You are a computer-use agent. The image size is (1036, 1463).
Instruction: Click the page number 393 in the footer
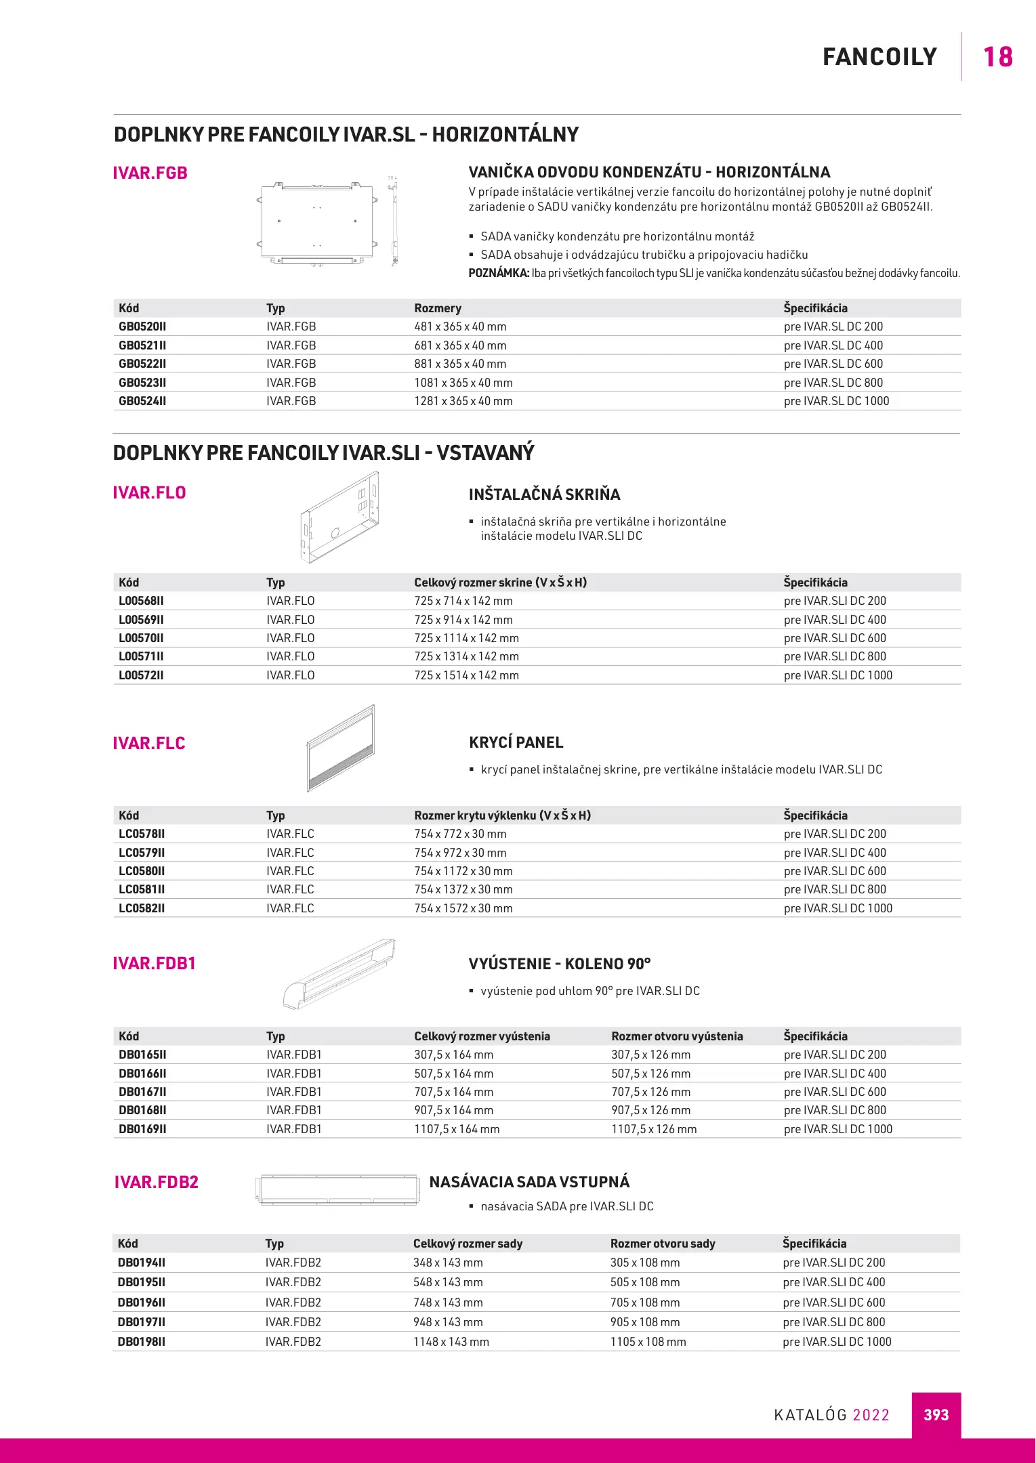coord(936,1415)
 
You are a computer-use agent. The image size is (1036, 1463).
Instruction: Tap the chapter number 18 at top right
coord(997,58)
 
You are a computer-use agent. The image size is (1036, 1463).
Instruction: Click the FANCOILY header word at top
coord(879,58)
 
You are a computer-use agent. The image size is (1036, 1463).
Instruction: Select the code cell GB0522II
coord(142,364)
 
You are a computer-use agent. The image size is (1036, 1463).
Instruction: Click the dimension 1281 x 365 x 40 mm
coord(463,401)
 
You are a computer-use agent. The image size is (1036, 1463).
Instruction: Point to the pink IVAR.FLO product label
coord(149,492)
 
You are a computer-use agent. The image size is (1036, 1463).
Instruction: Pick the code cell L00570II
coord(141,638)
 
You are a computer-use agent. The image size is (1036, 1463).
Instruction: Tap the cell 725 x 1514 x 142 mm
coord(466,675)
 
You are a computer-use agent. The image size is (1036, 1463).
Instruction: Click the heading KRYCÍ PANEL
coord(516,742)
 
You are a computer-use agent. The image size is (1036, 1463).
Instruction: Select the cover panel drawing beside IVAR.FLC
coord(341,748)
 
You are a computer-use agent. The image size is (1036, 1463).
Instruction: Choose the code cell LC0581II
coord(142,889)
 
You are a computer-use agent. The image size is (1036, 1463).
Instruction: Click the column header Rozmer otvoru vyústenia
coord(677,1036)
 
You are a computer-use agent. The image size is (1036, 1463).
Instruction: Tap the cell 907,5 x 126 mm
coord(650,1110)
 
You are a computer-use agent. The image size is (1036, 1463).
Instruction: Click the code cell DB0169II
coord(142,1129)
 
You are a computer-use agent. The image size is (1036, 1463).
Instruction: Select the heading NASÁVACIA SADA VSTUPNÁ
coord(529,1182)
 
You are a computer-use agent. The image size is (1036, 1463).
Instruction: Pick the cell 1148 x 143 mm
coord(451,1342)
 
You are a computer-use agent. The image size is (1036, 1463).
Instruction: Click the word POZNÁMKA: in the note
coord(499,274)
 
